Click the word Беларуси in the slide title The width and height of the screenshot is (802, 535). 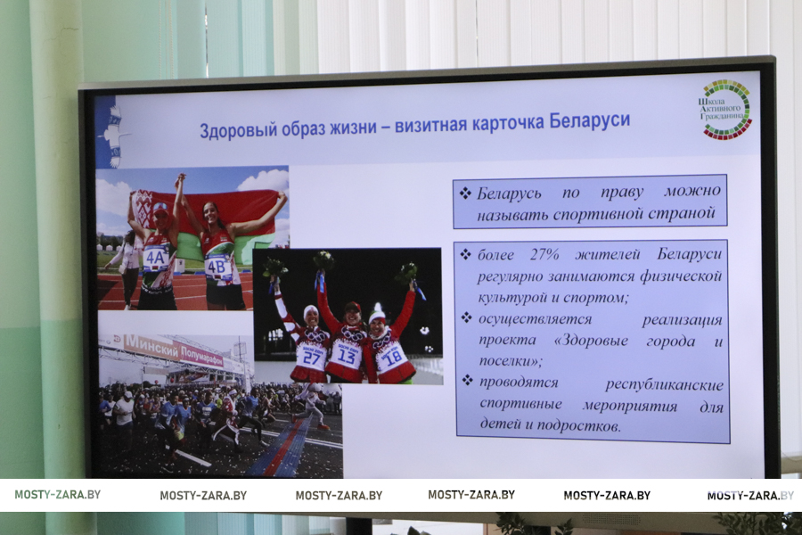pyautogui.click(x=589, y=121)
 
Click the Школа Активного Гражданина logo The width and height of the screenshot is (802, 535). pyautogui.click(x=725, y=109)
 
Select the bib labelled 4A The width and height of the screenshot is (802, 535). pyautogui.click(x=155, y=259)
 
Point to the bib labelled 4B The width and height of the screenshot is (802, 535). pyautogui.click(x=216, y=267)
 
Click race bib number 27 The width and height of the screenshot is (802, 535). pyautogui.click(x=311, y=357)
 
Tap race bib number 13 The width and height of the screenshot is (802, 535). pyautogui.click(x=348, y=355)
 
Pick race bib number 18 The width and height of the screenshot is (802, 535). pyautogui.click(x=392, y=358)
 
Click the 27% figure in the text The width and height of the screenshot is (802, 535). pyautogui.click(x=544, y=254)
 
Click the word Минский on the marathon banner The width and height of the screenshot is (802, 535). pyautogui.click(x=151, y=347)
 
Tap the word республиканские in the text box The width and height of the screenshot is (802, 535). pyautogui.click(x=665, y=385)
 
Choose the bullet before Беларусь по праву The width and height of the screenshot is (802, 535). pyautogui.click(x=465, y=193)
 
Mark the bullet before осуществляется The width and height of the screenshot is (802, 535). pyautogui.click(x=466, y=318)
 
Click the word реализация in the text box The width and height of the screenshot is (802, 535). pyautogui.click(x=682, y=320)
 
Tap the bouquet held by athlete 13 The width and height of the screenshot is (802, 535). pyautogui.click(x=323, y=261)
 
